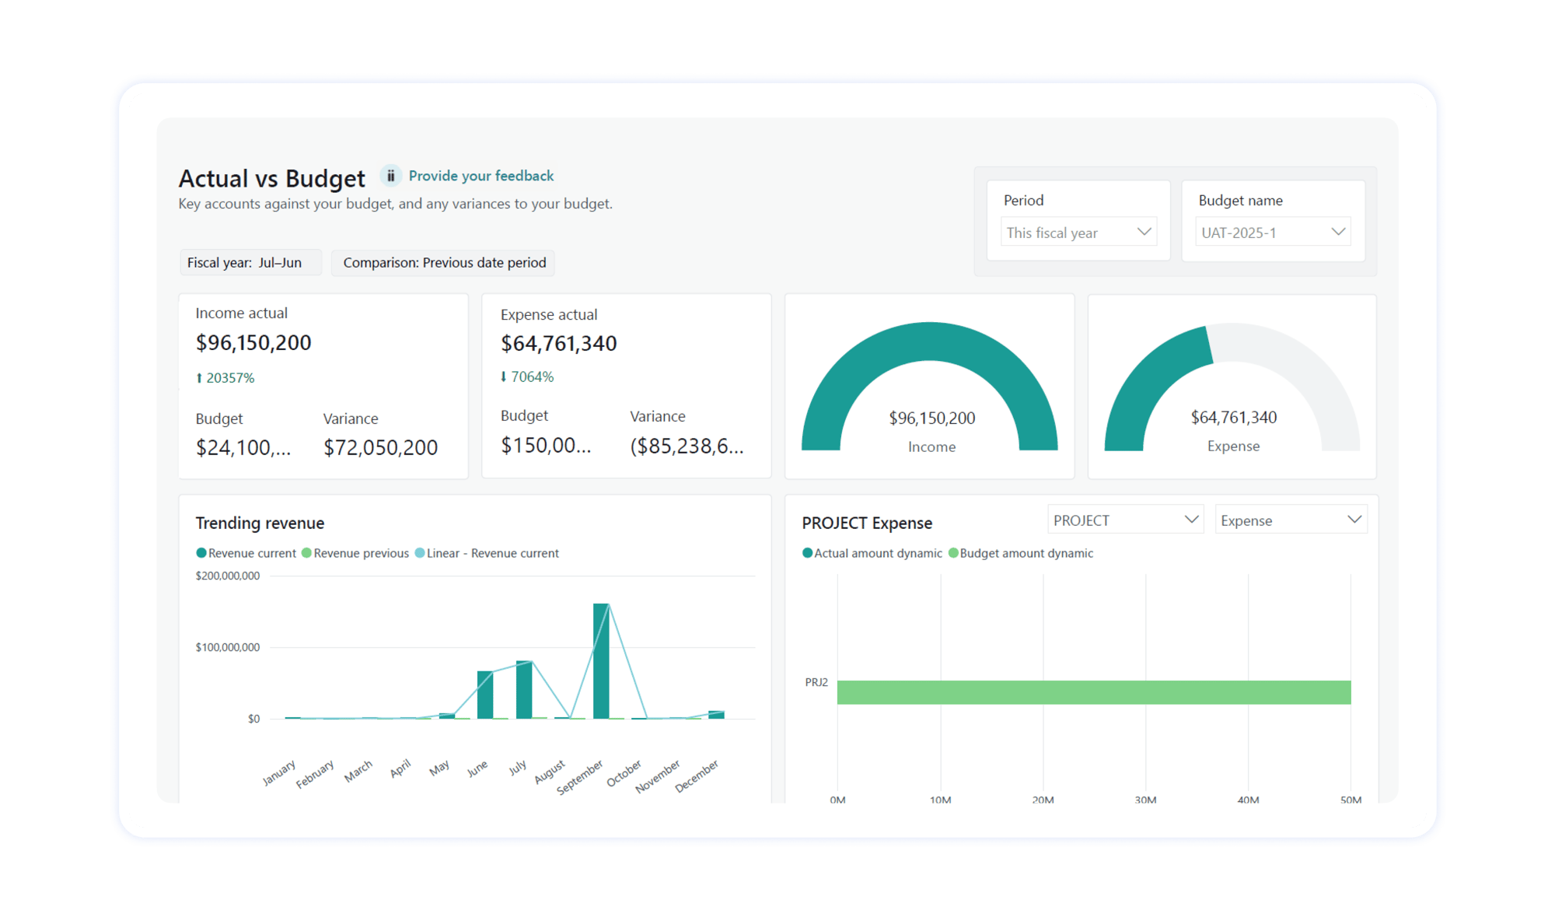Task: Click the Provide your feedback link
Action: tap(480, 176)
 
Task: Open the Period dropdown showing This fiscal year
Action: tap(1078, 233)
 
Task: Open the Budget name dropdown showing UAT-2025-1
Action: tap(1272, 233)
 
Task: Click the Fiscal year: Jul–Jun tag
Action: tap(245, 263)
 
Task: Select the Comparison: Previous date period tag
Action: tap(444, 263)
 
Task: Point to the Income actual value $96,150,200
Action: tap(253, 343)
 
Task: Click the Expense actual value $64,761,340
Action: tap(558, 344)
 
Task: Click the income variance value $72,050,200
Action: tap(380, 448)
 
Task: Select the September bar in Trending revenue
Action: tap(601, 661)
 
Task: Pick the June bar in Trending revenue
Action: tap(485, 695)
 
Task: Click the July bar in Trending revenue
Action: tap(524, 690)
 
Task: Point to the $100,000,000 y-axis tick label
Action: tap(227, 647)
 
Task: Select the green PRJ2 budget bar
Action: tap(1093, 692)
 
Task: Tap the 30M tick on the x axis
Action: tap(1145, 800)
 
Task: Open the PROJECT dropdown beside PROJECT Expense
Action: tap(1125, 520)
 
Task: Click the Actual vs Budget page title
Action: tap(271, 179)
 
